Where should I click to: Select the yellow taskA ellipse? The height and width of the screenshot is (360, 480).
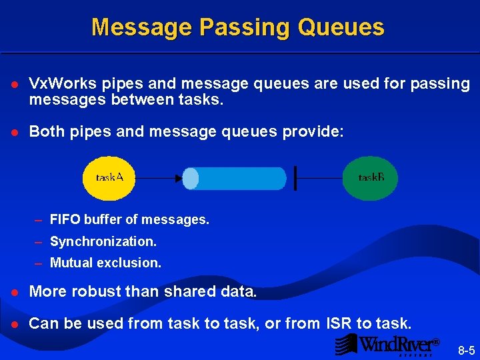click(109, 178)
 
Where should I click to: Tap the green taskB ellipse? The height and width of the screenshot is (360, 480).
click(371, 178)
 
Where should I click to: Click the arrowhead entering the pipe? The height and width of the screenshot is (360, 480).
click(178, 179)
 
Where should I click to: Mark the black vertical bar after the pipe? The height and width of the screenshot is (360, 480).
click(295, 179)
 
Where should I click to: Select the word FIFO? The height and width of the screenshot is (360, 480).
click(65, 219)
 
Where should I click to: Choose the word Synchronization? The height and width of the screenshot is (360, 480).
click(103, 241)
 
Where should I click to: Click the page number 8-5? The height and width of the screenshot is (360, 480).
click(466, 349)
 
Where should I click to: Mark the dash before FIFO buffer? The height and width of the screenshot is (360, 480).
click(39, 219)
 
